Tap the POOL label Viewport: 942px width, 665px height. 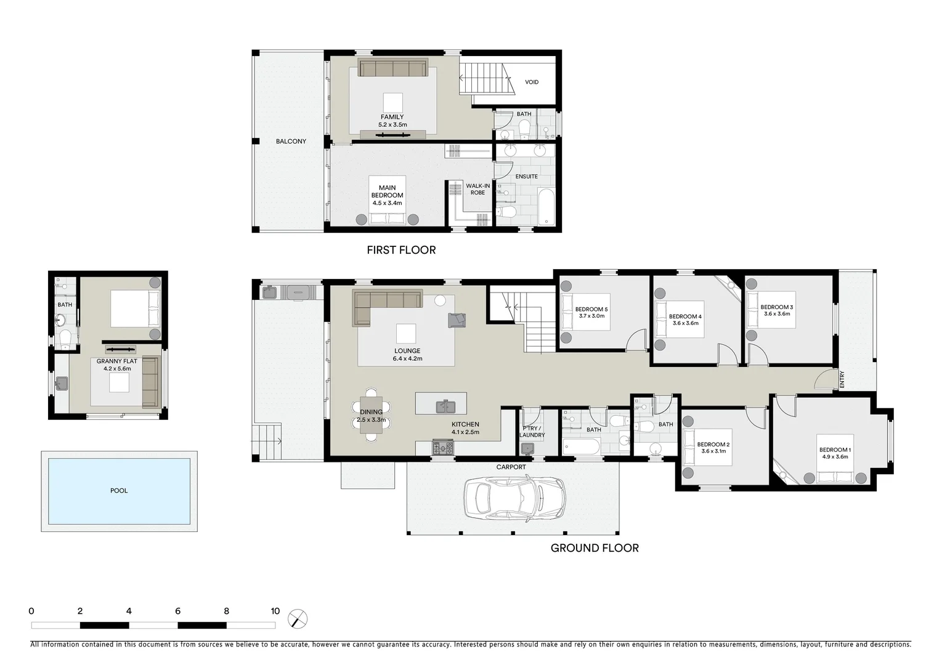(119, 491)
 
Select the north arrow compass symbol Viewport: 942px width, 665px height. (298, 618)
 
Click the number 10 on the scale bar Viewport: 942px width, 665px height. (275, 611)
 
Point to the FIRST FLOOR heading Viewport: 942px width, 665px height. (401, 250)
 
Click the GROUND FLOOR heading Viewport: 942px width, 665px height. (595, 548)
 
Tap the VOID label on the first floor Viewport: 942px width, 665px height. (532, 82)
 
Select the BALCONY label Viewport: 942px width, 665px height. (291, 142)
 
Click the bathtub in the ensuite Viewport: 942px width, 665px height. (546, 208)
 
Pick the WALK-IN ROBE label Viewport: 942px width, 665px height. (478, 189)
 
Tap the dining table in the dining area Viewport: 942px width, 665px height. (371, 415)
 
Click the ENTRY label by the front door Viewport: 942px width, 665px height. (842, 380)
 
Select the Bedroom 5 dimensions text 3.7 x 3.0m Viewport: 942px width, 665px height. (591, 316)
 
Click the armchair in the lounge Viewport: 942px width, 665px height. (457, 320)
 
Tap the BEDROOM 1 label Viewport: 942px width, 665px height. (835, 450)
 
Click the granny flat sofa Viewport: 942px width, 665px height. (150, 382)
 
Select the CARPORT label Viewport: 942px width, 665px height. (511, 467)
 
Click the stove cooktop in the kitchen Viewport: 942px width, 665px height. (442, 448)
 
